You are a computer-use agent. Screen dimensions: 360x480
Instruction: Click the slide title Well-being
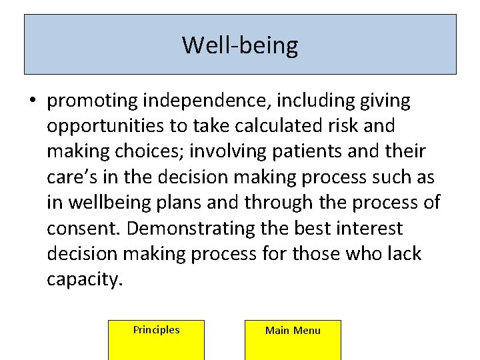pos(240,45)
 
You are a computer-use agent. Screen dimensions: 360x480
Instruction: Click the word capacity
pos(85,280)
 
